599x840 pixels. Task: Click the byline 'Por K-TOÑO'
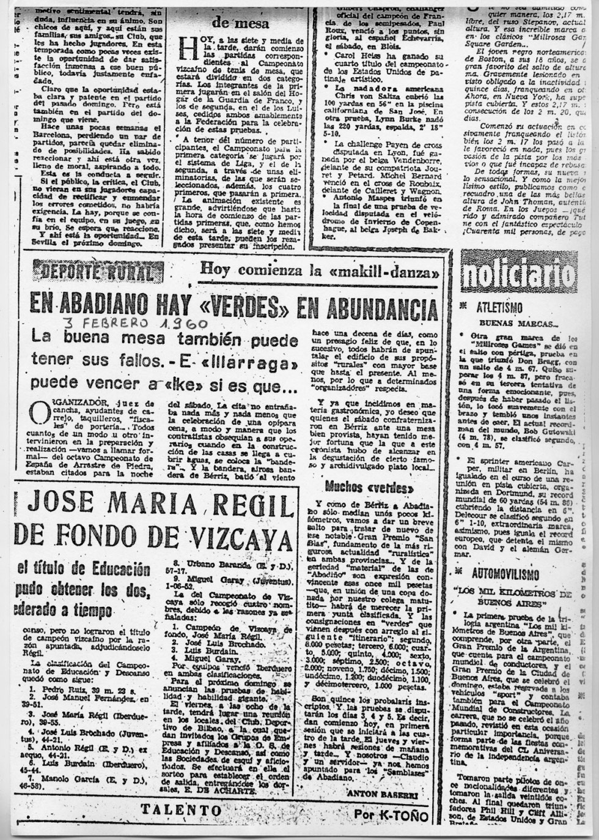386,815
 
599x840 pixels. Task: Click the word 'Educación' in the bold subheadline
113,568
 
